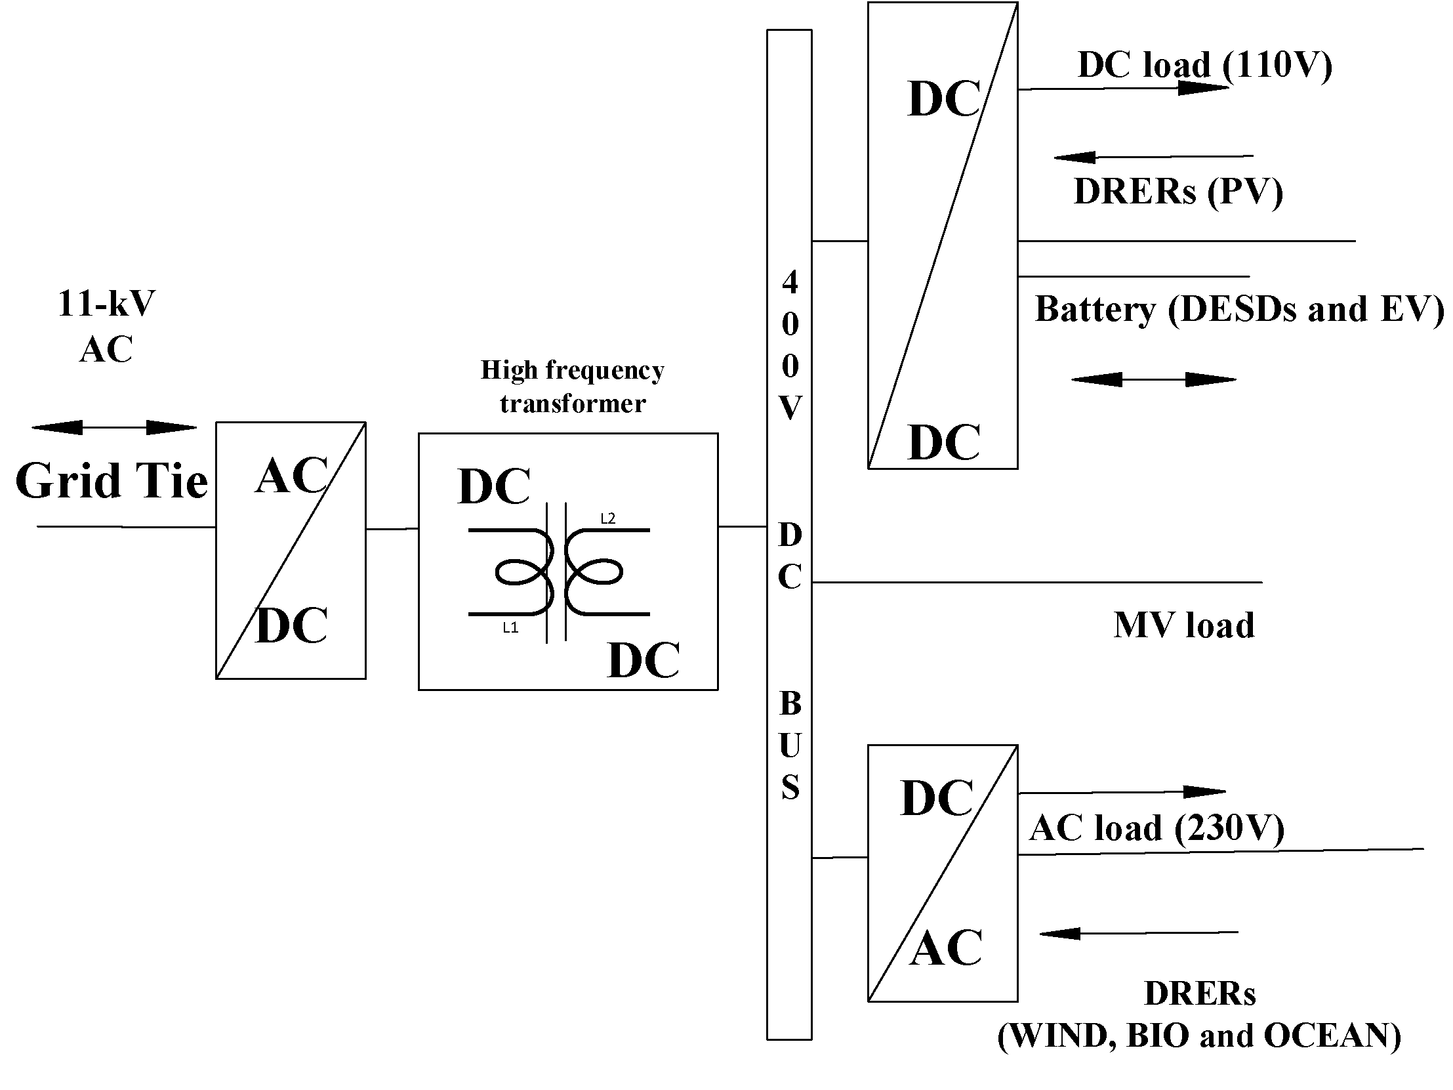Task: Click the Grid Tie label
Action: (x=112, y=480)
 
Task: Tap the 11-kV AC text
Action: (x=106, y=326)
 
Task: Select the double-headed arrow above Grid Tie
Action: (x=114, y=428)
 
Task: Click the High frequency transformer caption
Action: (x=572, y=387)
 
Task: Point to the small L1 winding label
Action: (x=510, y=627)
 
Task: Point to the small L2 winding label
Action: (x=607, y=518)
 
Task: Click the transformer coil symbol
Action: (x=558, y=572)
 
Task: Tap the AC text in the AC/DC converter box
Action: (x=292, y=475)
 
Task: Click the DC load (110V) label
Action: (x=1204, y=65)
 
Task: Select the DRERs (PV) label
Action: (x=1177, y=192)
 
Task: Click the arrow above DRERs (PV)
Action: (x=1153, y=157)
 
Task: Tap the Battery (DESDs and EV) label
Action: (x=1239, y=309)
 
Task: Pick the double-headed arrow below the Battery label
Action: (x=1153, y=379)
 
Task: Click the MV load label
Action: (x=1183, y=625)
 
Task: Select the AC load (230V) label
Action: (x=1156, y=828)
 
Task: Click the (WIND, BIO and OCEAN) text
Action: (x=1198, y=1036)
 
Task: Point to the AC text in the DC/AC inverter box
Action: (x=945, y=948)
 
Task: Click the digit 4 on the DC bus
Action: (x=790, y=282)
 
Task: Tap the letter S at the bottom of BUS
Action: (x=790, y=787)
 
